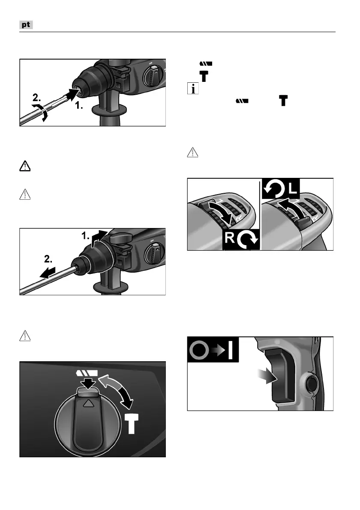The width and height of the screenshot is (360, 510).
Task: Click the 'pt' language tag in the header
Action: point(27,25)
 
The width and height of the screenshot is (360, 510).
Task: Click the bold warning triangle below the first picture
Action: point(27,167)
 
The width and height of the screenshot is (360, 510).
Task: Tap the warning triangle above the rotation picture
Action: point(193,153)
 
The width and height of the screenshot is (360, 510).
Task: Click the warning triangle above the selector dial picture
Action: point(27,335)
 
